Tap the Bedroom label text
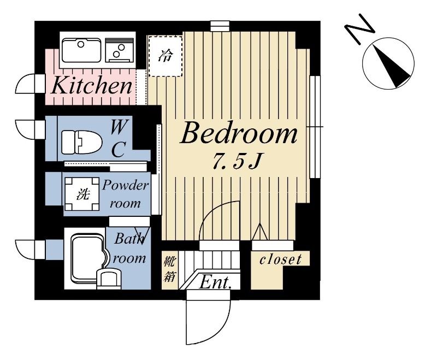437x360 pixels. [239, 134]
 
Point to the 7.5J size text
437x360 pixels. [237, 162]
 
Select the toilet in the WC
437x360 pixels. [81, 142]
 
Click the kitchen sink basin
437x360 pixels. [81, 50]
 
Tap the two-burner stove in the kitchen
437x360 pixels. [120, 50]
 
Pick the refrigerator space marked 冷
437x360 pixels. [166, 56]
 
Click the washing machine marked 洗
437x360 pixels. [82, 194]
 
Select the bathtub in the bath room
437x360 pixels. [88, 258]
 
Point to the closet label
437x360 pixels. [280, 259]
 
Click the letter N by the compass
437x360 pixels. [359, 29]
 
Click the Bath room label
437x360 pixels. [129, 249]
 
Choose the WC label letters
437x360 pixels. [119, 138]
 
